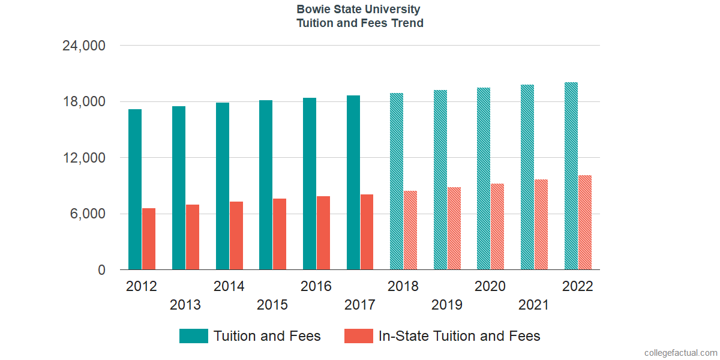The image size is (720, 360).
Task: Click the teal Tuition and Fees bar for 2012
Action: point(135,190)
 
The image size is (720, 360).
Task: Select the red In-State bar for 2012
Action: point(149,239)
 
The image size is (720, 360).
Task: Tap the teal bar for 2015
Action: point(266,185)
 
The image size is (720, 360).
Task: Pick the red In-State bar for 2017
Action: point(367,232)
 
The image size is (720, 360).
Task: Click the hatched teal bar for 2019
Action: point(440,180)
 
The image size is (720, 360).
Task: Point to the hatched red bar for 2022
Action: point(585,223)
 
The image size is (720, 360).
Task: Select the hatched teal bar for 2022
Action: point(571,176)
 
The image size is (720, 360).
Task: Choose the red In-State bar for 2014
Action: point(236,236)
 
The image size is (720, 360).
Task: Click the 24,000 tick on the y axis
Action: point(84,46)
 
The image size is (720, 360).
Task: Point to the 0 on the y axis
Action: point(101,271)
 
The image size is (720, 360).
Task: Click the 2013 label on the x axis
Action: point(185,305)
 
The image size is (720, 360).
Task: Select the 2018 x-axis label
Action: point(403,286)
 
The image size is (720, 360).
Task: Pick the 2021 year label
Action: point(534,305)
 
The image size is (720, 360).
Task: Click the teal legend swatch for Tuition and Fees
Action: point(194,336)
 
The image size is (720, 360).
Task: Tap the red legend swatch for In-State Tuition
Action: point(359,336)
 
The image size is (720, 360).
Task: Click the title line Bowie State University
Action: point(359,10)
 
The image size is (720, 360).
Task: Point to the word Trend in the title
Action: point(407,23)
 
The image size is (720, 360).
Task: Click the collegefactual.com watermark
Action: point(680,353)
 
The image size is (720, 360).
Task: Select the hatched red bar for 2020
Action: point(497,227)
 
